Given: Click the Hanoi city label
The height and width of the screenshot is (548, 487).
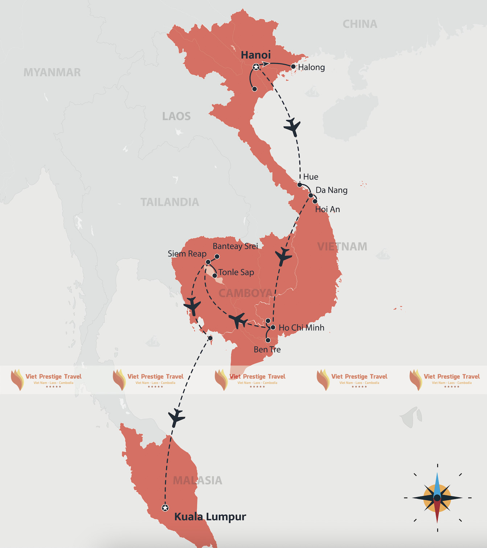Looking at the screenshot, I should click(256, 55).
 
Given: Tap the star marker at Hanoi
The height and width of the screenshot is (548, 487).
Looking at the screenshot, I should click(256, 67).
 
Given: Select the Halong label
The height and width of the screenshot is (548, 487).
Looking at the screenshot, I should click(311, 67).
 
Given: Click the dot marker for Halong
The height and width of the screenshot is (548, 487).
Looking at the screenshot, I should click(293, 67).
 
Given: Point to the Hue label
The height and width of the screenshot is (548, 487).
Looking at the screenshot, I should click(311, 177).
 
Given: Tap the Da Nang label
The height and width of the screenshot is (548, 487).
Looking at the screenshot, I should click(331, 190).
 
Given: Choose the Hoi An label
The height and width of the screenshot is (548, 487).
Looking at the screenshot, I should click(327, 209).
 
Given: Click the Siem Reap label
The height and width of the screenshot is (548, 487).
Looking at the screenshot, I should click(187, 254).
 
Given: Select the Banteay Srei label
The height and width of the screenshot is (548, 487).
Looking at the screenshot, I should click(235, 246).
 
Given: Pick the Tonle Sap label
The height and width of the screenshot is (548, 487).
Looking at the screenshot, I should click(236, 272).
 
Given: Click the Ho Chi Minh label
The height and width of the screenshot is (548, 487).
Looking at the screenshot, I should click(301, 328).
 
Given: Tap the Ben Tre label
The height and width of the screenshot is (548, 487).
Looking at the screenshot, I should click(267, 349).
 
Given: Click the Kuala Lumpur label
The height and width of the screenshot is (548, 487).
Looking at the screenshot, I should click(210, 516).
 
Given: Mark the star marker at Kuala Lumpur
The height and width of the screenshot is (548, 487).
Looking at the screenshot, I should click(165, 508).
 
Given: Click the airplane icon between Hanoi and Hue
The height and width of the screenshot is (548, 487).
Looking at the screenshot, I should click(292, 127).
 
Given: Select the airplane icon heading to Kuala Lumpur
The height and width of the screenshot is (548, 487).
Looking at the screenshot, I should click(176, 417).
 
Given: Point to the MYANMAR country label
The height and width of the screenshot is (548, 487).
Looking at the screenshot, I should click(52, 72).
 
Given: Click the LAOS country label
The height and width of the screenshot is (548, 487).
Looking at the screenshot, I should click(176, 116).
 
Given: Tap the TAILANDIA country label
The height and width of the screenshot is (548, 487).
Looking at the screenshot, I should click(170, 202).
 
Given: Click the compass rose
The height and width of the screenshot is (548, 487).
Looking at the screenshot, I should click(437, 498).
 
